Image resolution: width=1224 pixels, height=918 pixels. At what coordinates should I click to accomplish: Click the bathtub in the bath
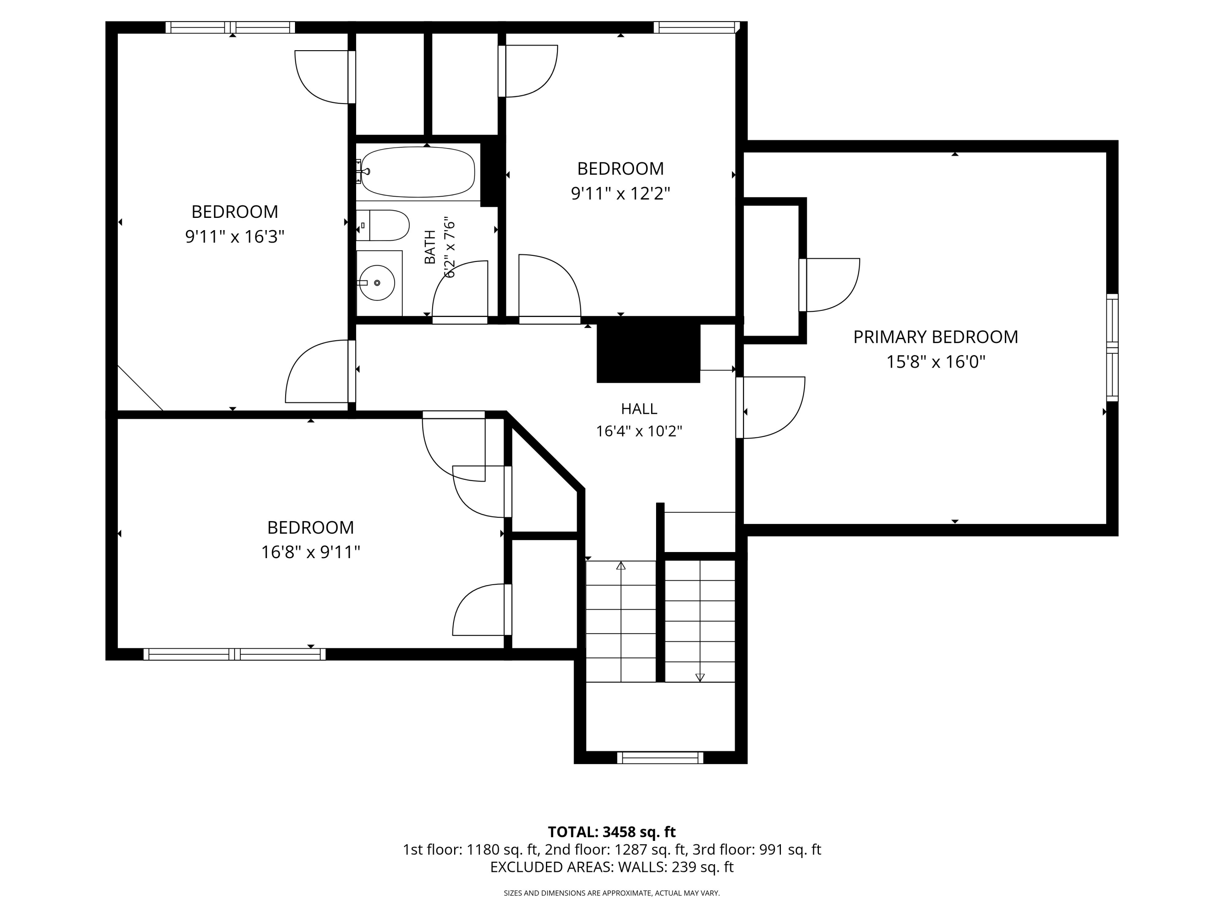point(418,172)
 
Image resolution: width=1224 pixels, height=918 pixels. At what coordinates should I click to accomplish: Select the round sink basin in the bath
point(377,283)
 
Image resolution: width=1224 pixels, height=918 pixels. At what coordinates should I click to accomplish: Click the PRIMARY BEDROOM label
point(935,337)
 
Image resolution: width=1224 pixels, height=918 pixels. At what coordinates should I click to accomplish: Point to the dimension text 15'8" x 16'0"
point(936,362)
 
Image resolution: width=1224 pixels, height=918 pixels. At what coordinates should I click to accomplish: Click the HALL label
point(639,409)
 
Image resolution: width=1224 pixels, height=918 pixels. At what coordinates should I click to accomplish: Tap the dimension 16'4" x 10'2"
point(639,431)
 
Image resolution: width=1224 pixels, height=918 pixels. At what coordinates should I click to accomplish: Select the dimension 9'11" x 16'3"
point(235,237)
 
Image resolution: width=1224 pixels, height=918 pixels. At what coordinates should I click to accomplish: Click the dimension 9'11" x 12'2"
point(620,194)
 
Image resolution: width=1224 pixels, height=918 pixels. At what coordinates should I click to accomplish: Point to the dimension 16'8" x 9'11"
point(310,552)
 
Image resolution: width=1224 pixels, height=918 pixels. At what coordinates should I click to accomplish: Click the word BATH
point(430,247)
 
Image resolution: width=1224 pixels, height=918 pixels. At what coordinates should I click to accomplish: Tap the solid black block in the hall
point(648,353)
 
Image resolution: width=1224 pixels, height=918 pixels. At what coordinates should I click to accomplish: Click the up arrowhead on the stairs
point(621,565)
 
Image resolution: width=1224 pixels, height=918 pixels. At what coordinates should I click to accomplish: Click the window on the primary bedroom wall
point(1112,348)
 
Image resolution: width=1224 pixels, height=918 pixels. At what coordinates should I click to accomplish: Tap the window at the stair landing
point(660,758)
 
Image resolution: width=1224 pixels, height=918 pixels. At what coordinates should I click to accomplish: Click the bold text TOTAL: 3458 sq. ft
point(612,832)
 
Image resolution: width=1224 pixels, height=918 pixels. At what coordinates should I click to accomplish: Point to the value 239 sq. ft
point(702,867)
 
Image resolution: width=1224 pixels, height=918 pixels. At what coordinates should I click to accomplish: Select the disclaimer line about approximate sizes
point(612,893)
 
